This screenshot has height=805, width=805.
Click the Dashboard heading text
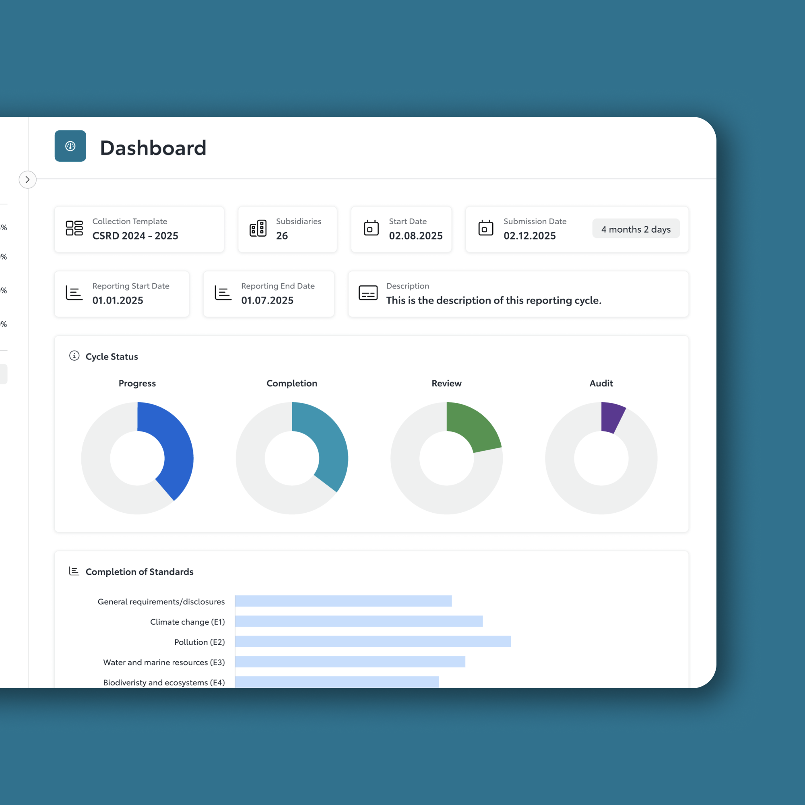(153, 148)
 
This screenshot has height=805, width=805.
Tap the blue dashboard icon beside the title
(70, 146)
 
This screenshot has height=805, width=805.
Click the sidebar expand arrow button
(27, 180)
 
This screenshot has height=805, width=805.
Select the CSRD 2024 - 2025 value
(135, 236)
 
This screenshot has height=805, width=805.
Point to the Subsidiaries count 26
(282, 236)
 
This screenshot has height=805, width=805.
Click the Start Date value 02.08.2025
(415, 236)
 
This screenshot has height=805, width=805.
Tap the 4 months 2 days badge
(636, 229)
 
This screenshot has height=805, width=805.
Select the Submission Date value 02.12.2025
(529, 236)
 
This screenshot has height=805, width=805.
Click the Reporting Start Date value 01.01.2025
(118, 300)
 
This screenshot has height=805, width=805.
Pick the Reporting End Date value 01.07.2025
(267, 300)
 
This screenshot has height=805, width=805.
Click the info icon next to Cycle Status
(74, 356)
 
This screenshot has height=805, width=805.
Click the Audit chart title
(601, 383)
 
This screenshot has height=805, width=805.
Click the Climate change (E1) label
(187, 622)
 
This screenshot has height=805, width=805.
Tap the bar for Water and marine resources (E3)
(350, 662)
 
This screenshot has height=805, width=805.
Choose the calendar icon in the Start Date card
(371, 228)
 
